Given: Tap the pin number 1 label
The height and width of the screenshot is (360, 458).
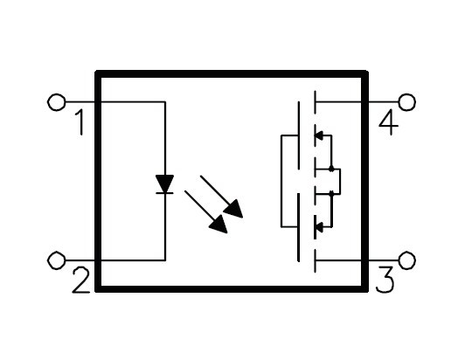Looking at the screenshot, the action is (x=80, y=122).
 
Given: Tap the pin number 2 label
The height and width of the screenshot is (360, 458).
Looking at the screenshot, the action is (x=80, y=280).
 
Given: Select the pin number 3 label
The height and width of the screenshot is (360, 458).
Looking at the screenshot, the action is (x=385, y=280).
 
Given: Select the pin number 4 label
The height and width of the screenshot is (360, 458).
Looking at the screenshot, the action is (x=388, y=122).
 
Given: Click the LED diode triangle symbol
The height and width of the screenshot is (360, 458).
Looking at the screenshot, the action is (x=164, y=183).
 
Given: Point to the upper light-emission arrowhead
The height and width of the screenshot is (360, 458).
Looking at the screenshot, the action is (x=234, y=209).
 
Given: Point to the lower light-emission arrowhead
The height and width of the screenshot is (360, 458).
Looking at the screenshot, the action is (x=219, y=225).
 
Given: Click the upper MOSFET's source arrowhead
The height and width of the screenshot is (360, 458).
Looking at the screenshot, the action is (x=319, y=135).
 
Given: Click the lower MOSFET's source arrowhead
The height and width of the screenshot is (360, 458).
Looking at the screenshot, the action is (x=319, y=226).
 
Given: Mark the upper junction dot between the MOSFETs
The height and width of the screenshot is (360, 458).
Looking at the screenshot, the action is (x=331, y=169).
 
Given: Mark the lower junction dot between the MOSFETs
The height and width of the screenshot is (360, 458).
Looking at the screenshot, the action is (x=331, y=193).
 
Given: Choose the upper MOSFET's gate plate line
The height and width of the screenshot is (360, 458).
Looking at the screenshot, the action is (x=299, y=135).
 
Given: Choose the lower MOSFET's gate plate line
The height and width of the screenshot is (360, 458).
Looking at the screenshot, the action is (x=299, y=227).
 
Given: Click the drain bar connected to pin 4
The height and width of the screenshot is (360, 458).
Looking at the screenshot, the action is (x=316, y=102).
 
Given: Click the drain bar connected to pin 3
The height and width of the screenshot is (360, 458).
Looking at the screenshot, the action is (x=316, y=260).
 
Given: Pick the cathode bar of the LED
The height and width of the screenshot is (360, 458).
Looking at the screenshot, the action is (x=164, y=193).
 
